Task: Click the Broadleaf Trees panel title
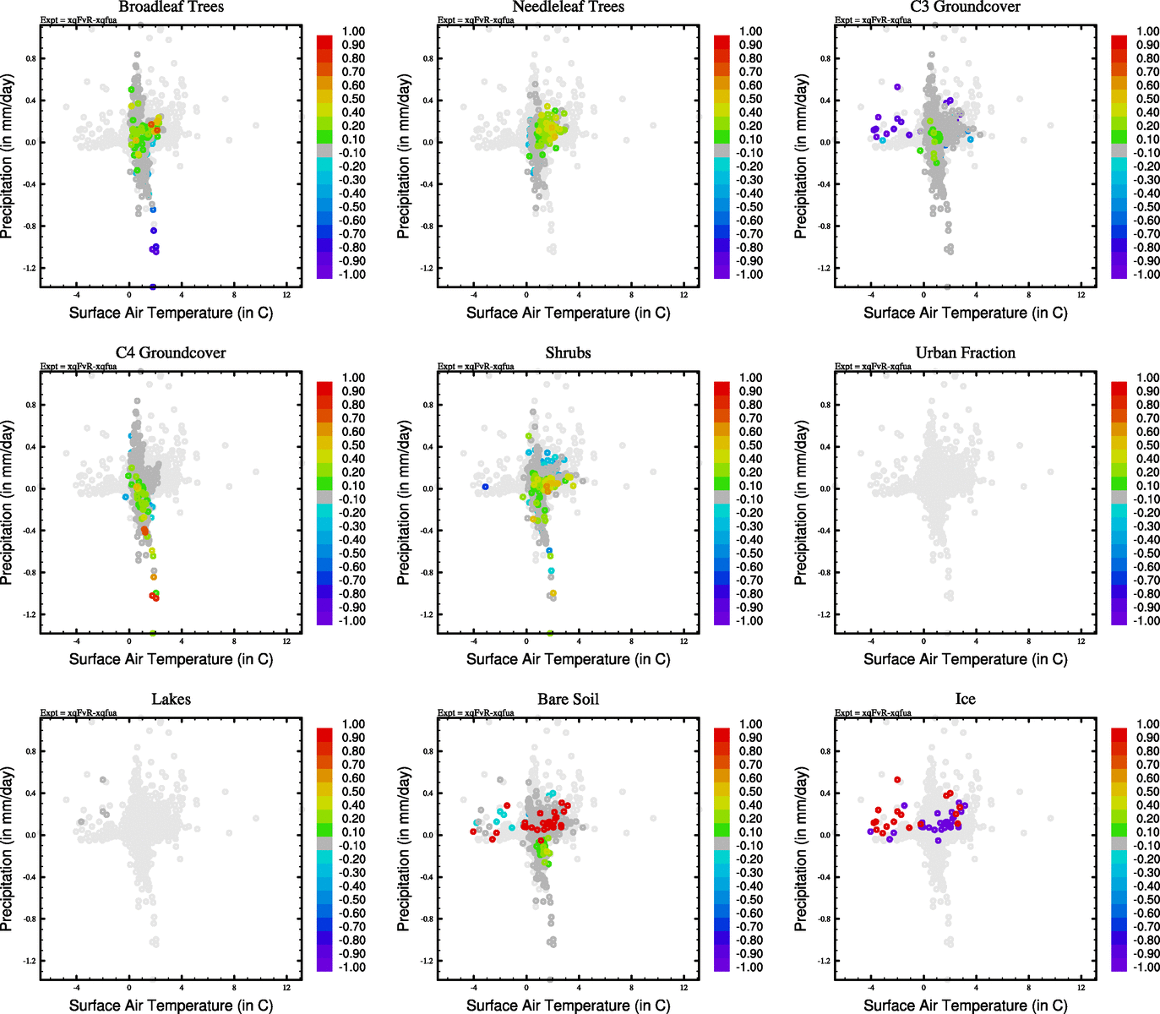[x=171, y=7]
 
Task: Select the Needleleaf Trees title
[x=568, y=7]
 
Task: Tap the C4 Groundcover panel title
[x=171, y=353]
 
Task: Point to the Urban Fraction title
[x=965, y=353]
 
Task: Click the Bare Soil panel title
[x=568, y=700]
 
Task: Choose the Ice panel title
[x=965, y=700]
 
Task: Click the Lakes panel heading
[x=171, y=700]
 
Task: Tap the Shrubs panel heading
[x=568, y=353]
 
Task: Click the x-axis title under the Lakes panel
[x=171, y=1006]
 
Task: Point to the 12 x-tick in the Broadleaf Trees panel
[x=286, y=295]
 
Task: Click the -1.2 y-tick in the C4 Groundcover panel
[x=30, y=614]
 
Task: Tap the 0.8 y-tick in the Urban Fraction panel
[x=825, y=405]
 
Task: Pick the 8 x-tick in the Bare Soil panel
[x=631, y=988]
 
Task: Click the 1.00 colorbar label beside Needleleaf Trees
[x=750, y=31]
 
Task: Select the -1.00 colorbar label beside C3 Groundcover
[x=1146, y=275]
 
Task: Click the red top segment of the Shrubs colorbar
[x=722, y=388]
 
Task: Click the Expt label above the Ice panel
[x=873, y=713]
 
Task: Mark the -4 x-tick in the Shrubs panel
[x=473, y=641]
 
